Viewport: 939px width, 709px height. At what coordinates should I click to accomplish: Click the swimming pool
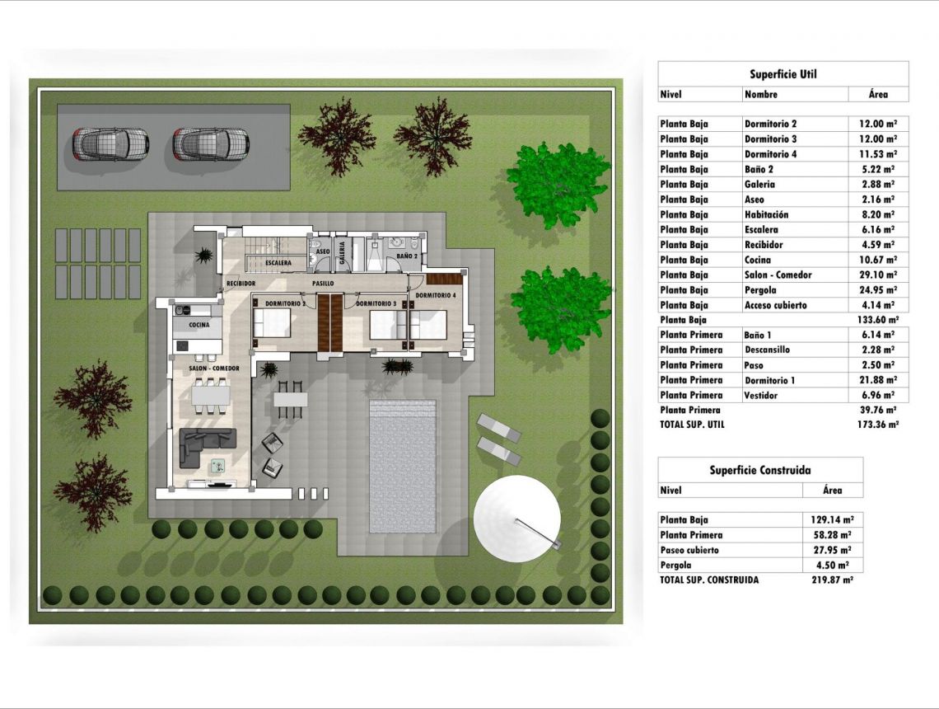[403, 467]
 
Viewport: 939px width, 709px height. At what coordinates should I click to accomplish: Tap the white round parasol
[517, 519]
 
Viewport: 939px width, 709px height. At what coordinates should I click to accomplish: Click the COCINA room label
[199, 325]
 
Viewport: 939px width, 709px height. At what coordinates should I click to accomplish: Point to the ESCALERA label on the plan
[278, 262]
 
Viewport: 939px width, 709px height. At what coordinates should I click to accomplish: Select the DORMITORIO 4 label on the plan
[436, 295]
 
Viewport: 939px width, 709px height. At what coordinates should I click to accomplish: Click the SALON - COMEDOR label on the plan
[214, 369]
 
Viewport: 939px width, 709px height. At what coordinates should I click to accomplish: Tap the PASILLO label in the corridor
[323, 284]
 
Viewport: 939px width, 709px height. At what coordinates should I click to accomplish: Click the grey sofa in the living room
[208, 448]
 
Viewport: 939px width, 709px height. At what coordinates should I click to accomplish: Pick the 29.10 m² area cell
[878, 275]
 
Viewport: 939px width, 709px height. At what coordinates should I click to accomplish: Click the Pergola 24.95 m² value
[878, 290]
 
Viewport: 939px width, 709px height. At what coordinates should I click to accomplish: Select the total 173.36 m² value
[878, 425]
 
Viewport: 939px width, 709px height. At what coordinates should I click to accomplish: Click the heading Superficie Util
[783, 74]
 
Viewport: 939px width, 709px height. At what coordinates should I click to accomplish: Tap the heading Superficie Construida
[760, 471]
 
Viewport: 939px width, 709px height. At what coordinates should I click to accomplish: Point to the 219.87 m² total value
[832, 580]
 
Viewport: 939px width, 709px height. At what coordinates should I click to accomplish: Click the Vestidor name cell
[760, 396]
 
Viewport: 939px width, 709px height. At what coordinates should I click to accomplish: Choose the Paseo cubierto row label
[689, 550]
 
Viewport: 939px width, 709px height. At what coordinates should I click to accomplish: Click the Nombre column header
[761, 95]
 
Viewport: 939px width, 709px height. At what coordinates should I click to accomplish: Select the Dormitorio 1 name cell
[769, 381]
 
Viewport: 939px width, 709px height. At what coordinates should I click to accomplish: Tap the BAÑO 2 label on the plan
[407, 256]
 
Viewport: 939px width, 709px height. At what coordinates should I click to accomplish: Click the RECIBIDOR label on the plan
[241, 284]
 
